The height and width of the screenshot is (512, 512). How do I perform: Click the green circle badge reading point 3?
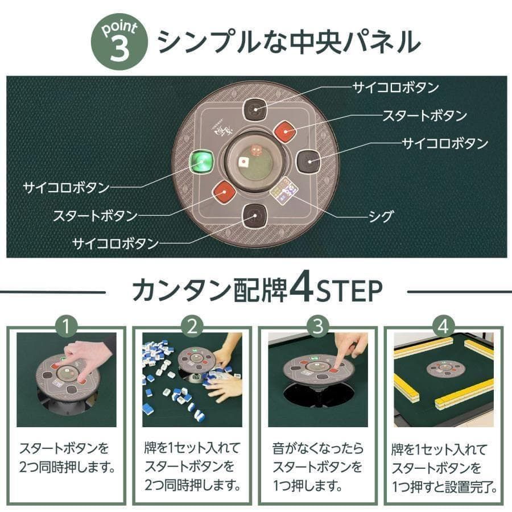(x=118, y=43)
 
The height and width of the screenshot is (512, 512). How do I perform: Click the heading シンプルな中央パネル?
(x=289, y=42)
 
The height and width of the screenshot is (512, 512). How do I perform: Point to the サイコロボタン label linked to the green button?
(x=66, y=187)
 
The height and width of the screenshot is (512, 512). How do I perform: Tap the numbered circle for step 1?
(x=67, y=327)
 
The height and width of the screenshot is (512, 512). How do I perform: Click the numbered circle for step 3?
(x=318, y=327)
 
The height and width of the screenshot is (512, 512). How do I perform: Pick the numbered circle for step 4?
(x=444, y=327)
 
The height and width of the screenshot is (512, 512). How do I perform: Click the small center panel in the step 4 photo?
(x=445, y=368)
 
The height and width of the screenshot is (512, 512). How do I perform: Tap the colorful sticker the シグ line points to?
(x=283, y=189)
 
